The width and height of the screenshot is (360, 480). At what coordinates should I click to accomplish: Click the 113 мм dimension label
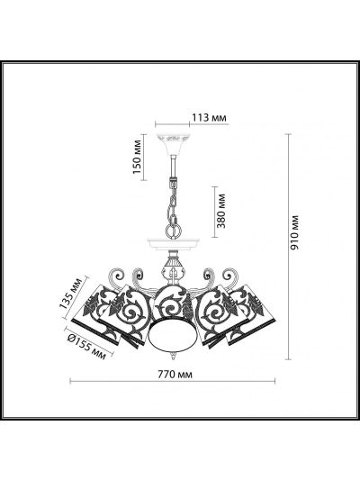click(x=209, y=117)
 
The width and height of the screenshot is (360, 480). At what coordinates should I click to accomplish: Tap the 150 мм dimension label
click(x=138, y=157)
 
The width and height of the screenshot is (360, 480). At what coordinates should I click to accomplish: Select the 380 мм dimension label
click(x=220, y=212)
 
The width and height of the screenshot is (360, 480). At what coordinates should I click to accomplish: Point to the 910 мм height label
click(x=294, y=232)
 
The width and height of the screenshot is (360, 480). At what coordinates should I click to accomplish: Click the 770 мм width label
click(x=175, y=374)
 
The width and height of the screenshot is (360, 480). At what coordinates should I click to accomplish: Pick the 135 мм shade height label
click(x=71, y=294)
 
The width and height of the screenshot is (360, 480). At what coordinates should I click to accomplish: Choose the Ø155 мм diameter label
click(x=86, y=347)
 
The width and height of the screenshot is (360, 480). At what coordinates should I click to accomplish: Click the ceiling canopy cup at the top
click(x=172, y=144)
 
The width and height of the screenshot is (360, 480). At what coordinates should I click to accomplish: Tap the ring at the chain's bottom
click(x=174, y=230)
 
